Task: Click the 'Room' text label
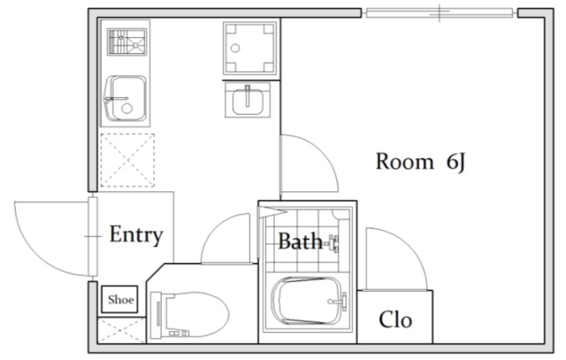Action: click(x=404, y=161)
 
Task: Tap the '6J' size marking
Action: click(x=456, y=162)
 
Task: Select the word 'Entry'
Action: click(x=136, y=235)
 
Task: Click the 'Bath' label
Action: click(x=300, y=241)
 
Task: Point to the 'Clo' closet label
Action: click(x=395, y=319)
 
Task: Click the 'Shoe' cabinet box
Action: click(x=119, y=299)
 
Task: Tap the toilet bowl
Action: click(x=189, y=315)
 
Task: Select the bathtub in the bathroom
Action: click(x=307, y=301)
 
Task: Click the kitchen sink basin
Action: click(x=126, y=98)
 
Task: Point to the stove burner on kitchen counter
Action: click(x=126, y=42)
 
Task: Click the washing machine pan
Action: click(x=249, y=48)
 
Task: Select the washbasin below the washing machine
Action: click(x=248, y=99)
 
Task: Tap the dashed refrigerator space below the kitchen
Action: click(x=127, y=160)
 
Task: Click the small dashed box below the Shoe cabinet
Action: click(x=121, y=330)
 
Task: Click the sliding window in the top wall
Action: click(x=440, y=13)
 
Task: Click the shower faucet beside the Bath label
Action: click(x=334, y=243)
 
